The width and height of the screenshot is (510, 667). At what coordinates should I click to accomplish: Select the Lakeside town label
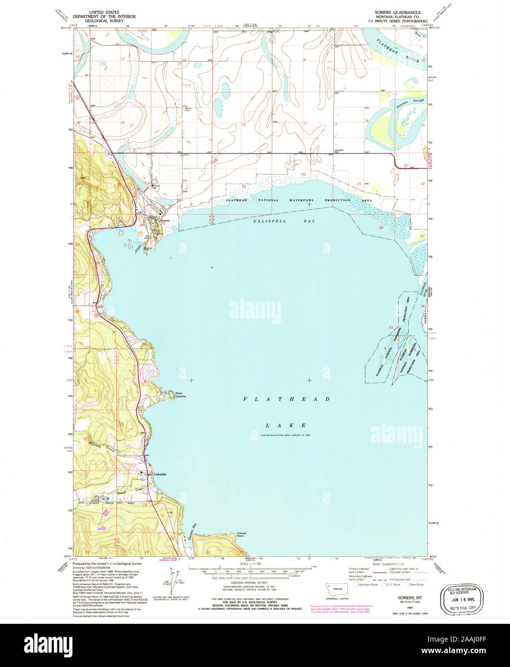click(159, 474)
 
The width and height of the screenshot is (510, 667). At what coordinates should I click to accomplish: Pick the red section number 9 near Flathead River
click(365, 61)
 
